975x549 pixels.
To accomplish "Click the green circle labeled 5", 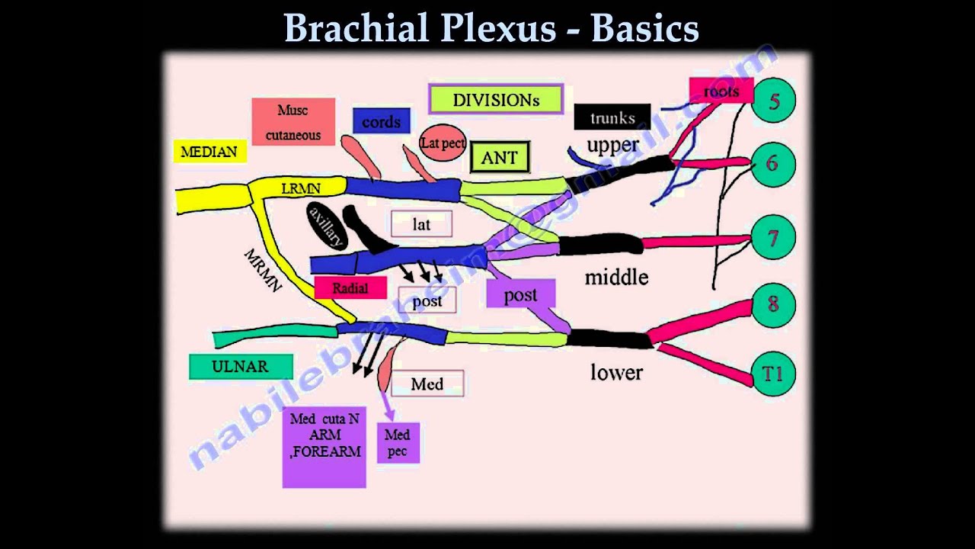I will click(774, 100).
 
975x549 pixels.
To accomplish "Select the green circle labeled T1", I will click(774, 374).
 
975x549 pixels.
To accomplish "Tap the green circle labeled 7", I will click(774, 238).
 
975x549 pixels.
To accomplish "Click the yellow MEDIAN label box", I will click(209, 151).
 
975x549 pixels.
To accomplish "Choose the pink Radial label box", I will click(350, 287).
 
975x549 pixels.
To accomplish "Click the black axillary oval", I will click(327, 226).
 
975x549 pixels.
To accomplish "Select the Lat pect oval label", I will click(443, 143).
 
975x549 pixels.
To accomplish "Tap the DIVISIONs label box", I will click(496, 99).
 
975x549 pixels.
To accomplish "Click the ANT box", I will click(500, 158).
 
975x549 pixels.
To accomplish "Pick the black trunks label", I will click(612, 117).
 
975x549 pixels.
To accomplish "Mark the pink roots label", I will click(721, 91).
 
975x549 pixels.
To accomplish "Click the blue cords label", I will click(381, 121).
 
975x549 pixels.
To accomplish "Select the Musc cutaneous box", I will click(293, 122).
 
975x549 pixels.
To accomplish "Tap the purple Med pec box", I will click(398, 443).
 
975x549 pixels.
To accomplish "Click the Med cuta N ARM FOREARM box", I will click(324, 447).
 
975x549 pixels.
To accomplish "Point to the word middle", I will click(616, 277).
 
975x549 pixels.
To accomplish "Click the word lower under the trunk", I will click(616, 372).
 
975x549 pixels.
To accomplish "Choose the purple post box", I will click(521, 295).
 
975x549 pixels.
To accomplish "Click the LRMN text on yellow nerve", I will click(301, 188).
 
